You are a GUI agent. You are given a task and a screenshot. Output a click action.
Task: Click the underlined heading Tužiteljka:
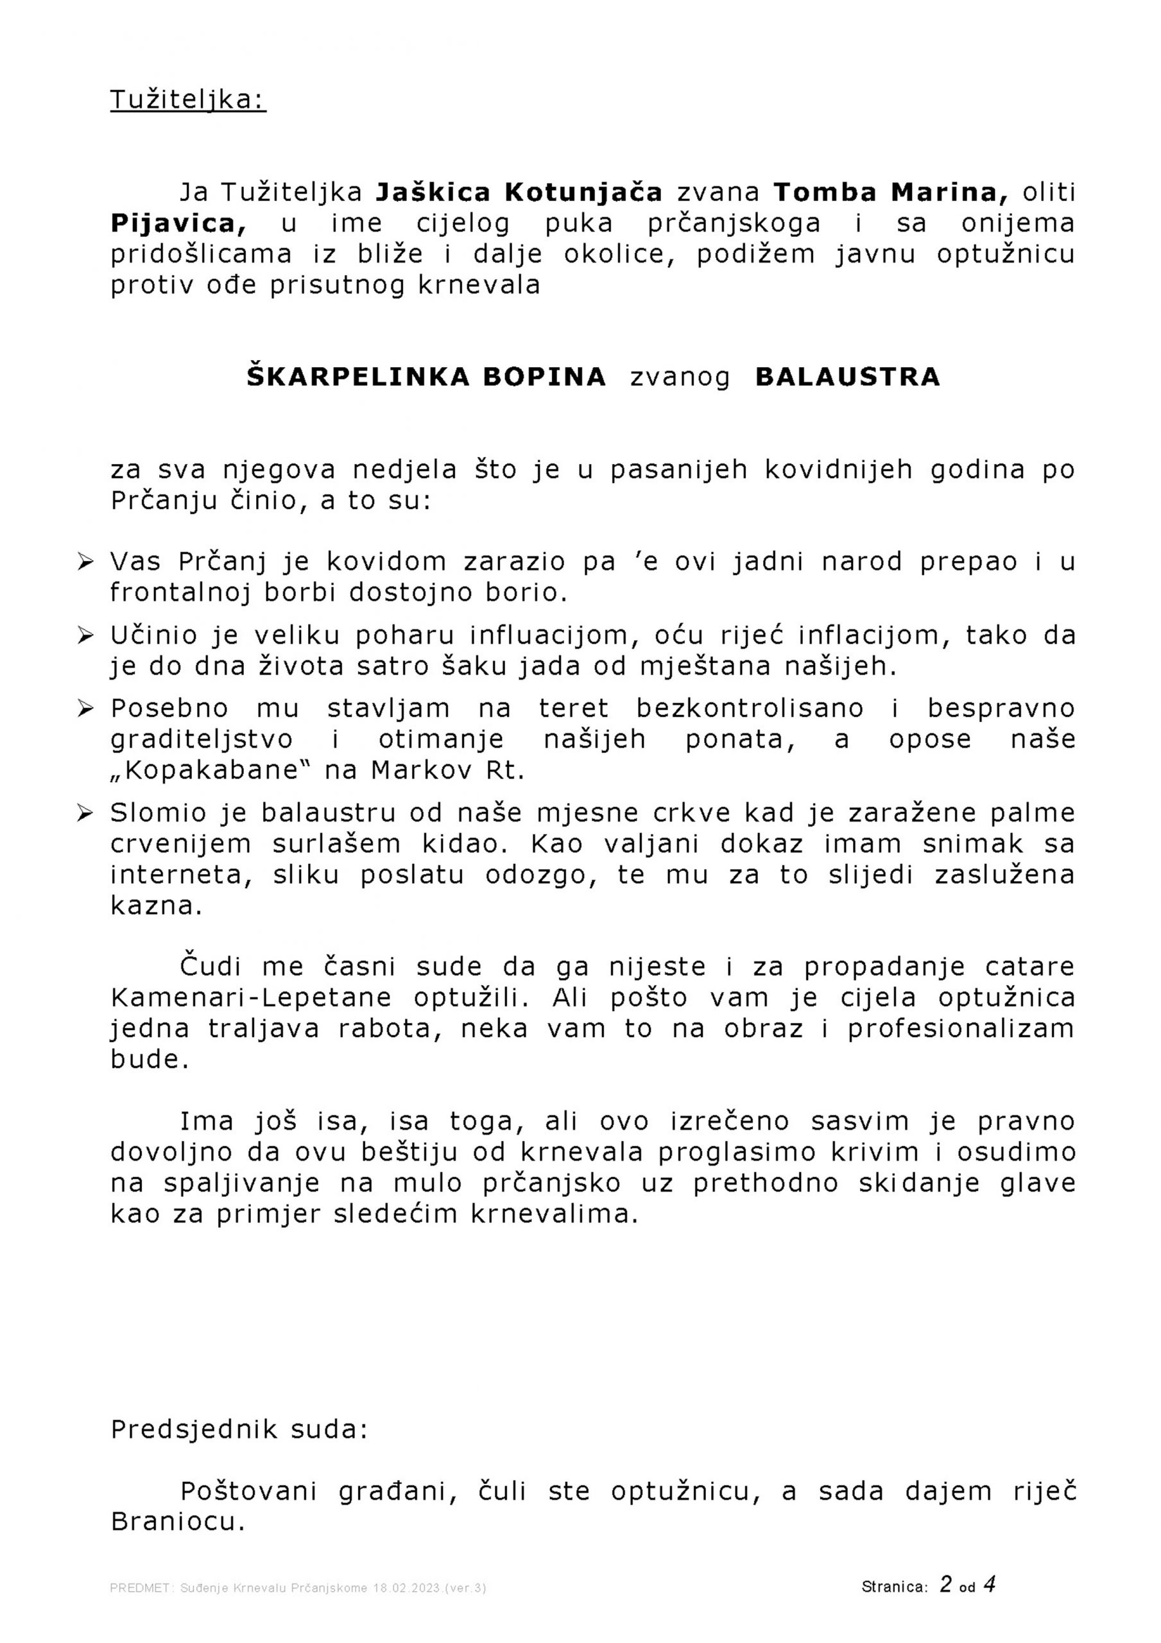click(187, 100)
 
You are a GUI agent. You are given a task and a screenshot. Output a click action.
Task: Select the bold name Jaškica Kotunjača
click(519, 193)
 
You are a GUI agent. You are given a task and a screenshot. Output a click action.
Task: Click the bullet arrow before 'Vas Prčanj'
click(86, 562)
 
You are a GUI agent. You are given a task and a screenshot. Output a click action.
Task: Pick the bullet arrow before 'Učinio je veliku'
click(86, 635)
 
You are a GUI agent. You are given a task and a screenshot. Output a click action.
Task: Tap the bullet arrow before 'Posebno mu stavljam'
click(86, 709)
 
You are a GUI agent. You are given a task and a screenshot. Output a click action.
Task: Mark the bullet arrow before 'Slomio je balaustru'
click(86, 814)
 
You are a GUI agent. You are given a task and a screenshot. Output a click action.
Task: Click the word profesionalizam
click(961, 1028)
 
